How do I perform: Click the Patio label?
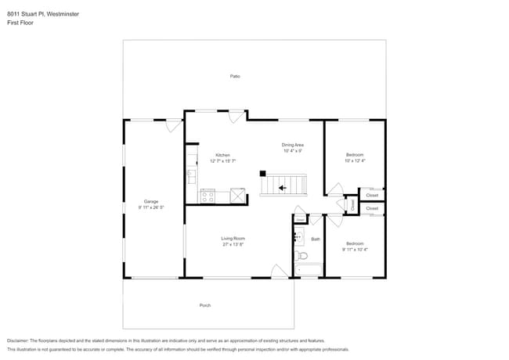point(234,76)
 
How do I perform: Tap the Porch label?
point(205,304)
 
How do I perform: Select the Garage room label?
point(150,201)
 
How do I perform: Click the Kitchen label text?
point(222,155)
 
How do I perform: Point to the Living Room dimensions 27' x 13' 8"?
point(233,245)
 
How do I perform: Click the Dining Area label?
point(293,145)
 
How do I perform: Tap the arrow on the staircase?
point(281,188)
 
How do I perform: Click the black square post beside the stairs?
point(263,173)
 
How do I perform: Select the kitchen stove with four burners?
point(208,196)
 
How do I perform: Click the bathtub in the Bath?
point(308,270)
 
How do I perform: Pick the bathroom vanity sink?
point(298,235)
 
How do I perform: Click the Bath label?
point(316,239)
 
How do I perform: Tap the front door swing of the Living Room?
point(278,271)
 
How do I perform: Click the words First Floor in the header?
point(20,23)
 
